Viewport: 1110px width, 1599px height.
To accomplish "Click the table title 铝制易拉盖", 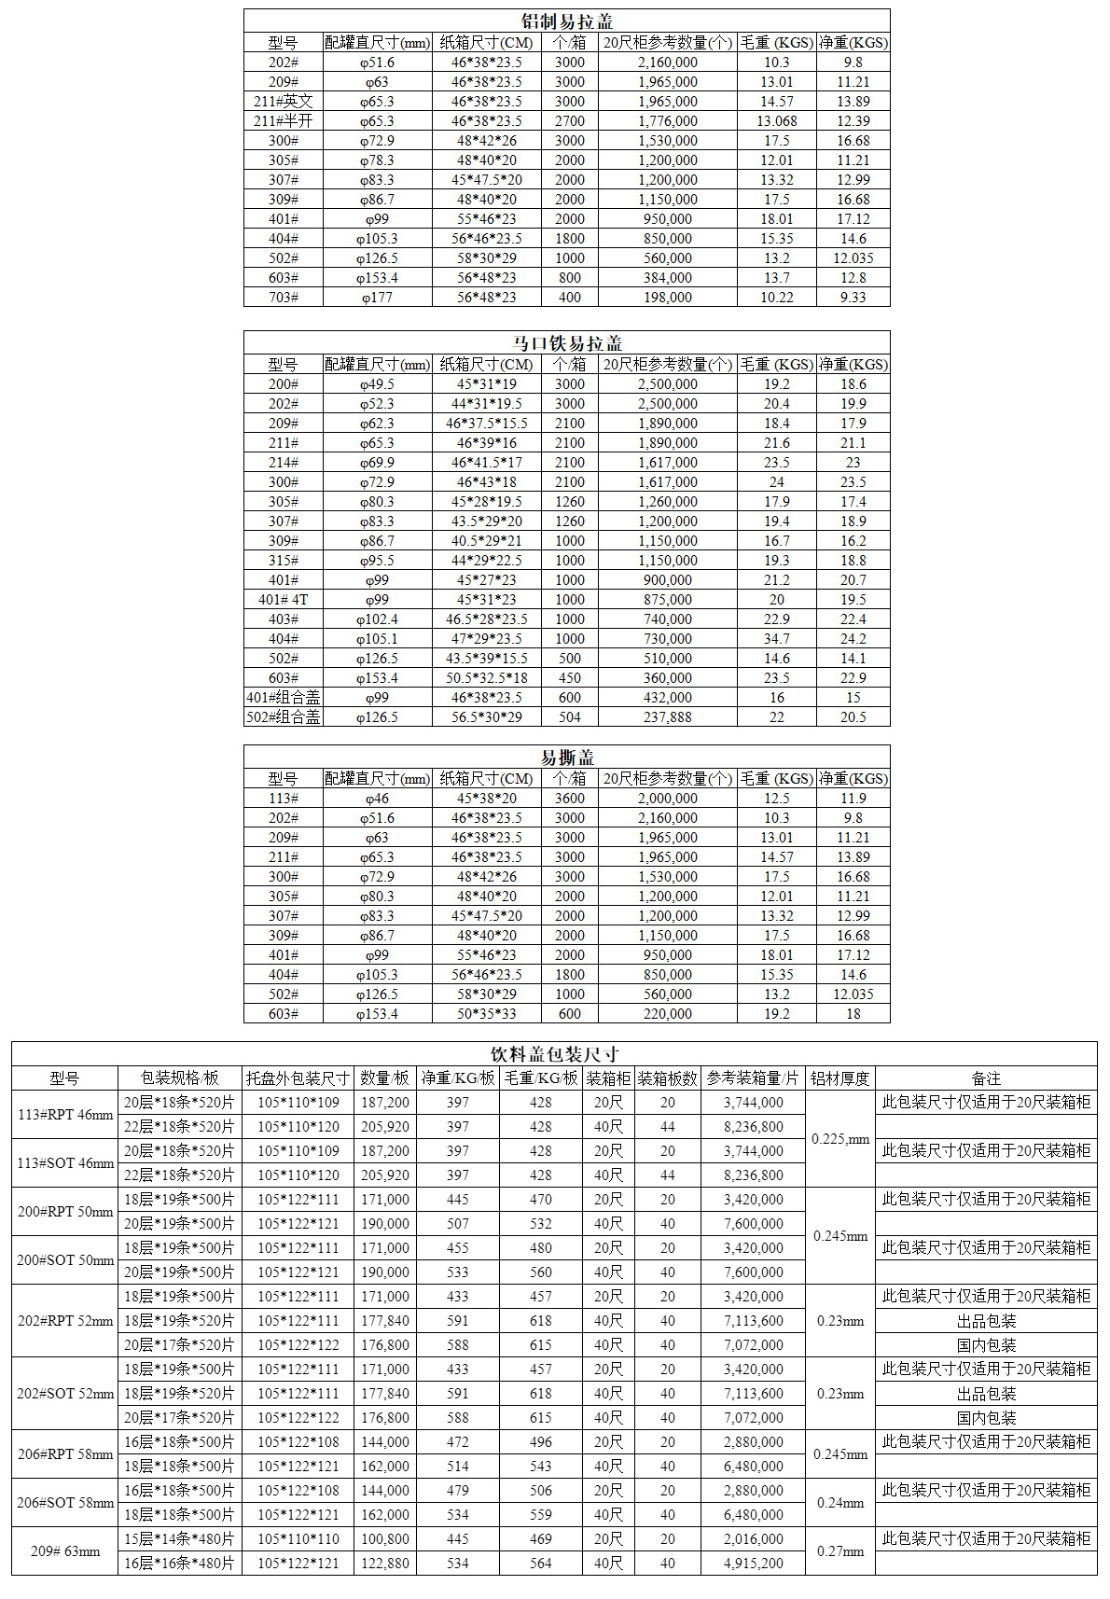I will tap(566, 21).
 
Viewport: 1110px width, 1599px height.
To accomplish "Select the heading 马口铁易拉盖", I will tap(566, 343).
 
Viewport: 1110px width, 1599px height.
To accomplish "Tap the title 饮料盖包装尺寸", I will tap(554, 1054).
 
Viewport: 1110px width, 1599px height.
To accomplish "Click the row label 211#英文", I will tap(283, 102).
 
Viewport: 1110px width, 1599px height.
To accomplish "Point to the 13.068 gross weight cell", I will tap(776, 121).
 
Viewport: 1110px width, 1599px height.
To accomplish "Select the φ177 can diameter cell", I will tap(377, 298).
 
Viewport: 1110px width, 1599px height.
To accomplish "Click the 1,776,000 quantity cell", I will tap(667, 121).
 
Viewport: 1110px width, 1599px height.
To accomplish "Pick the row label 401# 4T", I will tap(283, 600).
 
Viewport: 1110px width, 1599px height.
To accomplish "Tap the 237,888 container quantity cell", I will tap(667, 717).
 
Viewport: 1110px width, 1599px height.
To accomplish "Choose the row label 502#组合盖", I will tap(283, 717).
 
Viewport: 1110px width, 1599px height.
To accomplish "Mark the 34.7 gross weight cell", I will tap(776, 639).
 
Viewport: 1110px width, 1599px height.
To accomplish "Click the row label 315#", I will tap(283, 561).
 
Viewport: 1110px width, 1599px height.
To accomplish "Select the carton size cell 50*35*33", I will tap(486, 1014).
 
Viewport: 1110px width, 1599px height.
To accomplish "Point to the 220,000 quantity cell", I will tap(667, 1014).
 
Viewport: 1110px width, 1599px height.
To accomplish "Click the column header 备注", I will tap(986, 1078).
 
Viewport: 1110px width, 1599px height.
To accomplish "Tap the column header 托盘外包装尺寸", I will tap(298, 1078).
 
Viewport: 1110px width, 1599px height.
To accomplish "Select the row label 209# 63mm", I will tap(65, 1551).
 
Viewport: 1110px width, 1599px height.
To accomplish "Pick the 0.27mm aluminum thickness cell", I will tap(840, 1551).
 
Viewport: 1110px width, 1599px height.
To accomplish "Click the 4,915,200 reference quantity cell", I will tap(754, 1564).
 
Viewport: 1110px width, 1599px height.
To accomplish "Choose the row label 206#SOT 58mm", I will tap(65, 1503).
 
